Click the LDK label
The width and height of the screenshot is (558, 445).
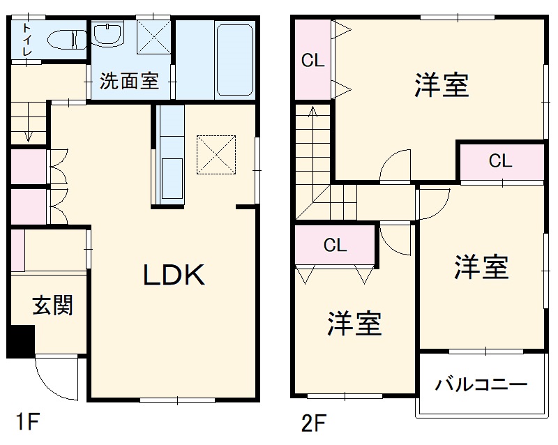tap(174, 276)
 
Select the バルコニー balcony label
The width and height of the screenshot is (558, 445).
tap(481, 384)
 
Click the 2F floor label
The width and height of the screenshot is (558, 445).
tap(314, 421)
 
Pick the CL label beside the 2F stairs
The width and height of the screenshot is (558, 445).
tap(312, 61)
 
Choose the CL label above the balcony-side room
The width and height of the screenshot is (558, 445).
tap(500, 162)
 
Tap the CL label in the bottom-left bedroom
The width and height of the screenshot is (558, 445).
tap(335, 245)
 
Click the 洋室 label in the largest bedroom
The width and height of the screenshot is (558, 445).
tap(441, 85)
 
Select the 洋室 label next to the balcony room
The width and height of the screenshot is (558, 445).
tap(482, 267)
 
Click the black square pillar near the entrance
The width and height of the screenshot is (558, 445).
tap(21, 341)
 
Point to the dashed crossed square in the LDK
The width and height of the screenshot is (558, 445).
tap(216, 154)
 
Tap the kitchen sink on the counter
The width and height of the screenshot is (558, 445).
tap(172, 179)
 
